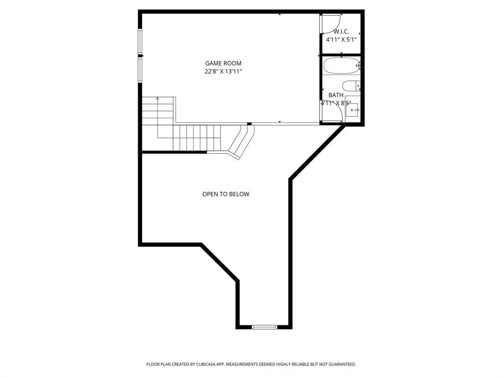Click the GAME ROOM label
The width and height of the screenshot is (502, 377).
[x=223, y=63]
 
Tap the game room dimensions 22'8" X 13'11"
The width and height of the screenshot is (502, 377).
[x=223, y=72]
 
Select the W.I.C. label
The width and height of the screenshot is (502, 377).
[x=341, y=31]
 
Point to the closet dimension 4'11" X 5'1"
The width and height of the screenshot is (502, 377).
[x=341, y=39]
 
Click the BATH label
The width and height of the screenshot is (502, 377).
[x=336, y=95]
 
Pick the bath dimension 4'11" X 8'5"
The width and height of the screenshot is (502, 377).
[x=336, y=104]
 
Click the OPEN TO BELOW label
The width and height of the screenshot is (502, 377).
[x=226, y=194]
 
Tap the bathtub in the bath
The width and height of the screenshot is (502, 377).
[x=342, y=66]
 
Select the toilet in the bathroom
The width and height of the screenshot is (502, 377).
[x=351, y=86]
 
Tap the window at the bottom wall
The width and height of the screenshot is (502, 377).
[x=264, y=326]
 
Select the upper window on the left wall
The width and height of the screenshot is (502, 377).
[x=140, y=42]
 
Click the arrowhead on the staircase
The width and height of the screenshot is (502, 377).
[x=157, y=99]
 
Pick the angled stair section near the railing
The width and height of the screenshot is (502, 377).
[x=241, y=142]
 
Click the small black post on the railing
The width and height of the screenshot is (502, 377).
[x=250, y=124]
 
